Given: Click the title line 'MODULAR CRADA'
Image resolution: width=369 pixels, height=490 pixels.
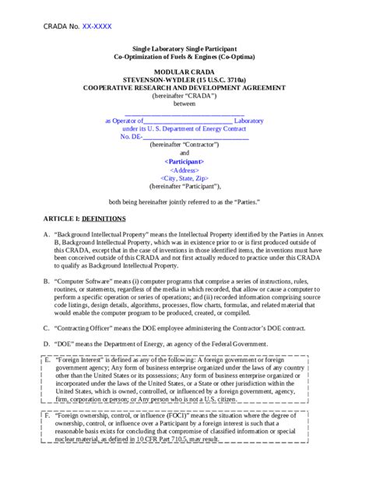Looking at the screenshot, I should [x=184, y=71].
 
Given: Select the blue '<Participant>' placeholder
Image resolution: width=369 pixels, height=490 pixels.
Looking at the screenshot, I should [x=184, y=162].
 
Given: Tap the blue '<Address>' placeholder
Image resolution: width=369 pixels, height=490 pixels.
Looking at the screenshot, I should [x=184, y=170].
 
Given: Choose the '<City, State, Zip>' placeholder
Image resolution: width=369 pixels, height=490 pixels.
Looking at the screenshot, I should [x=184, y=178].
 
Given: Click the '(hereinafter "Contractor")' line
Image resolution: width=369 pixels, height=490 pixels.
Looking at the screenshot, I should [x=184, y=145].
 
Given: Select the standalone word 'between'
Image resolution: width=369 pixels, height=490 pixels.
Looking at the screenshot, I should [x=184, y=103].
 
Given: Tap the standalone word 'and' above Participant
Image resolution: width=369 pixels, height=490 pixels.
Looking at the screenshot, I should [x=184, y=153].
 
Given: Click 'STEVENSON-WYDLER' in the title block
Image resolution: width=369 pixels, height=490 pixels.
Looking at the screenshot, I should [x=156, y=79].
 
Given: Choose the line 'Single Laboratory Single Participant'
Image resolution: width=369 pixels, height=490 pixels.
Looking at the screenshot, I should [x=184, y=48].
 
